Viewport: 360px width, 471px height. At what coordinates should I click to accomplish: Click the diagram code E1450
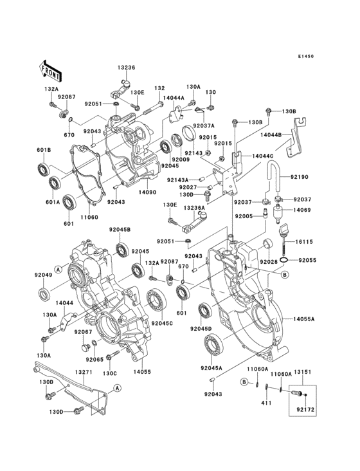coord(306,57)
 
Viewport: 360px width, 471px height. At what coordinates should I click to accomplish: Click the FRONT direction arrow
coord(51,67)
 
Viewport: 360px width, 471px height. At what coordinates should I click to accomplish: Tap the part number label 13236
coord(126,68)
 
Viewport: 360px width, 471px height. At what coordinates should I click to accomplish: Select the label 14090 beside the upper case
coord(147,191)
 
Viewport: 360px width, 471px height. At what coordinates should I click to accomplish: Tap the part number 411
coord(266,403)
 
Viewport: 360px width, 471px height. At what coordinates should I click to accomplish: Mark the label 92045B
coord(119,230)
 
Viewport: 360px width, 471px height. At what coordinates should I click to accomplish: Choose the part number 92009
coord(180,160)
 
